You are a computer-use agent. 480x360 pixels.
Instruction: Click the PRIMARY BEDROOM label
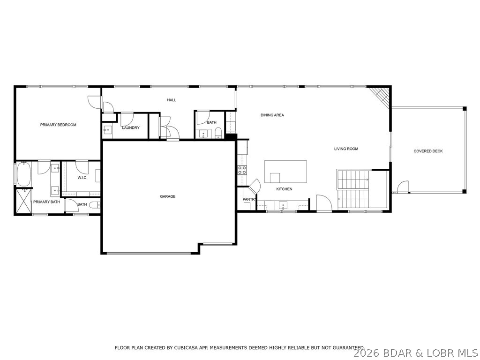tap(58, 125)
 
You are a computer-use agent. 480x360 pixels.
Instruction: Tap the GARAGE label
tap(167, 196)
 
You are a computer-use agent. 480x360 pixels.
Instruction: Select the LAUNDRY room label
tap(131, 128)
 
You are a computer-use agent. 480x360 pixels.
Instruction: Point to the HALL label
tap(172, 100)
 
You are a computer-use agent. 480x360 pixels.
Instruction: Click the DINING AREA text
tap(272, 115)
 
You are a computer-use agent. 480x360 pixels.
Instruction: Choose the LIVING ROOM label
tap(346, 149)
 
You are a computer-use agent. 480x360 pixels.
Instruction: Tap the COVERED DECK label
tap(428, 151)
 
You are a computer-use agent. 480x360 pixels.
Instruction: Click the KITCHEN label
tap(284, 189)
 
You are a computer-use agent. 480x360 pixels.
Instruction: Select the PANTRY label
tap(248, 199)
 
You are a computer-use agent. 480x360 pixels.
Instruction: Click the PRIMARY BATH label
tap(46, 202)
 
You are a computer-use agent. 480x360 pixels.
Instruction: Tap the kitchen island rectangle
tap(285, 172)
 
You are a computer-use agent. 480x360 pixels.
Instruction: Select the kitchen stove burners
tap(242, 170)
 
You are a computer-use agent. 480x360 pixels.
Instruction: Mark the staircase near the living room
tap(353, 189)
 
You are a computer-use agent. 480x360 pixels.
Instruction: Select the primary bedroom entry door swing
tap(94, 102)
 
